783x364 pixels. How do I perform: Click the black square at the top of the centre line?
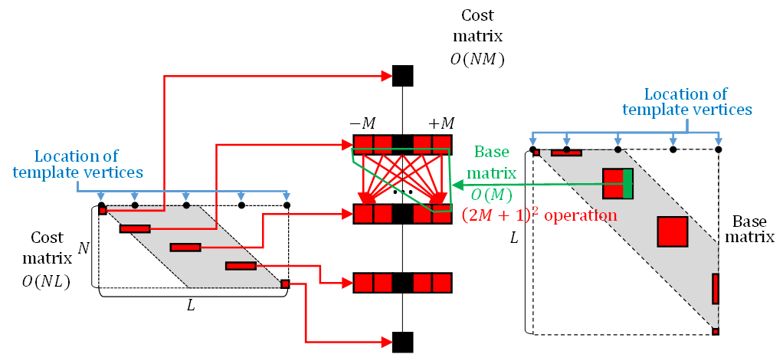click(x=402, y=75)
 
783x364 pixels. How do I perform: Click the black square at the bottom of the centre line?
click(x=402, y=342)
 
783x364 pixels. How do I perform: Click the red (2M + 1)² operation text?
click(x=539, y=216)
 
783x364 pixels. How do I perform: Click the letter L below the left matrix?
click(x=192, y=305)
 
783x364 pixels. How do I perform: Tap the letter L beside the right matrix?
click(x=515, y=239)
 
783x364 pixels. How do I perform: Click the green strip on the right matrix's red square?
click(x=627, y=185)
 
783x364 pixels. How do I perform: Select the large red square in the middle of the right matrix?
click(x=672, y=231)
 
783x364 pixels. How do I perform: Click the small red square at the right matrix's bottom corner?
click(x=716, y=331)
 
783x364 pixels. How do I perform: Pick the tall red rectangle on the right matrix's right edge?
click(x=716, y=288)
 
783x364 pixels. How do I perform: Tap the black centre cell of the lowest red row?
click(x=402, y=283)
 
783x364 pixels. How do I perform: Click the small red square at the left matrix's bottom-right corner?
click(x=285, y=284)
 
